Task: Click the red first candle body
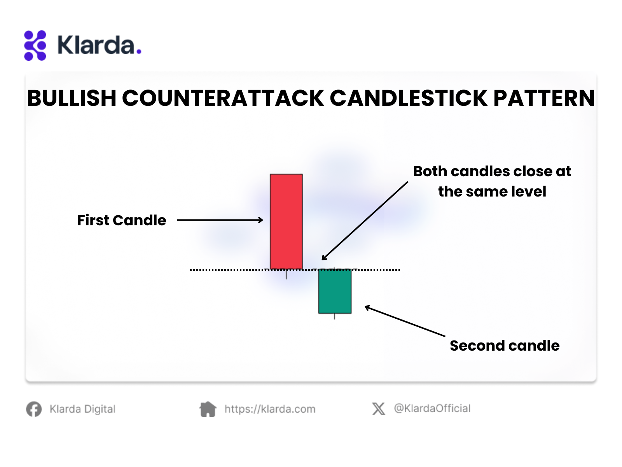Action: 286,221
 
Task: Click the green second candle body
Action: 335,291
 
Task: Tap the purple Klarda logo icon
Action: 35,46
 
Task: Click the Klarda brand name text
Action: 100,45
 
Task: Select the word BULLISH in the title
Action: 72,98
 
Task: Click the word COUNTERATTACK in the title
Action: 223,98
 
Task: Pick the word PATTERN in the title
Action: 544,98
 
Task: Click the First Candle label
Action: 122,220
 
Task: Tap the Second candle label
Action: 505,346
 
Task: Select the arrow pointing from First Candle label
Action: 220,220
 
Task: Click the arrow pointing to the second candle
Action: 405,321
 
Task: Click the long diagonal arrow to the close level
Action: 365,221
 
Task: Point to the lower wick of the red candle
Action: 286,274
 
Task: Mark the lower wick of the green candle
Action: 335,316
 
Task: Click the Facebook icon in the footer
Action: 34,409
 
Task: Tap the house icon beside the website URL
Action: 208,409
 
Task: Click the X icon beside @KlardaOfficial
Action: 379,409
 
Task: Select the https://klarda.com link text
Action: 270,409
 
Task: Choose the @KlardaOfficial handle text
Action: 432,409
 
